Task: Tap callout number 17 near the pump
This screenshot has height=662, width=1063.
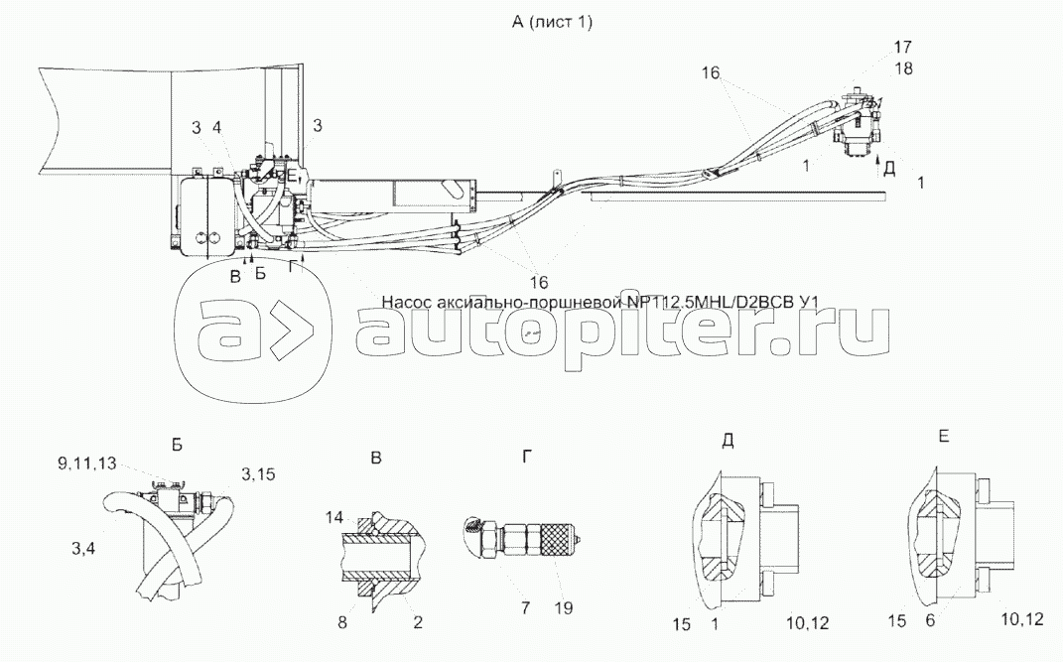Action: tap(875, 47)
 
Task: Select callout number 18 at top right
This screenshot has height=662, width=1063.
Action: tap(875, 68)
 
